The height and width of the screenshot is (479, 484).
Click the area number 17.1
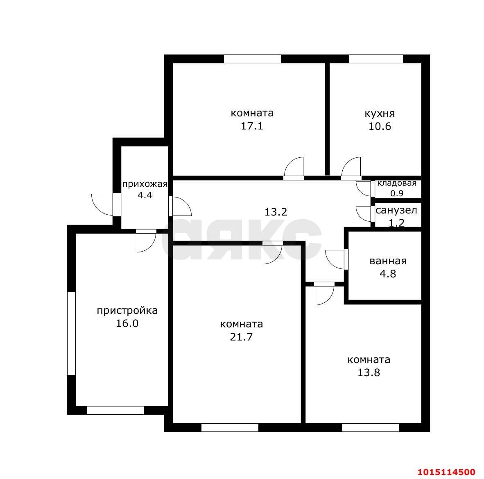(252, 126)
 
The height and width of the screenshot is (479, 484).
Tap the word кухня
(380, 114)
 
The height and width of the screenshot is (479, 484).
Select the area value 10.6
(380, 127)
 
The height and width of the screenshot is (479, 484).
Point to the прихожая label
(145, 184)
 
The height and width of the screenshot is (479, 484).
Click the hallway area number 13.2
(276, 212)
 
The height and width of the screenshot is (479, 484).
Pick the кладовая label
(397, 183)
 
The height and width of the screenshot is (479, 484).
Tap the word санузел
(396, 211)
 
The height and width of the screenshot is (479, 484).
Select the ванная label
(388, 261)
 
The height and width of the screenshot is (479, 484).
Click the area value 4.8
(388, 274)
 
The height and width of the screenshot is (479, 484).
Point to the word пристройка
(127, 311)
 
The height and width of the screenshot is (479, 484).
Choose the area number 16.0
(127, 324)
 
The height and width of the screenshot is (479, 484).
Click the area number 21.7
(241, 337)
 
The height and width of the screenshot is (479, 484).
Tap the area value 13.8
(369, 373)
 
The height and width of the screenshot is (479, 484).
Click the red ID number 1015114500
(446, 472)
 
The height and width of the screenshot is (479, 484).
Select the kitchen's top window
(376, 59)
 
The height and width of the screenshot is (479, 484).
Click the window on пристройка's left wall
(71, 333)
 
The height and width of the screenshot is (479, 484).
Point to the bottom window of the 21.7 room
(230, 427)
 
